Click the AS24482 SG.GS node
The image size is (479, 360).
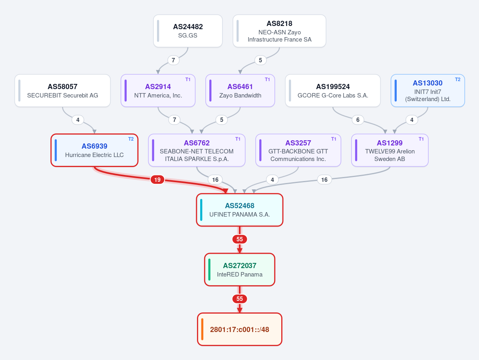[188, 31]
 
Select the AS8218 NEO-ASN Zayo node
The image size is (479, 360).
[279, 31]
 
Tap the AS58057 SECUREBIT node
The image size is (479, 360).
[62, 91]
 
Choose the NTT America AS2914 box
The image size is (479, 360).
[158, 91]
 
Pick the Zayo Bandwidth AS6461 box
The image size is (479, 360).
[240, 91]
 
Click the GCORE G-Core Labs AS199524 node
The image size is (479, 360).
[333, 91]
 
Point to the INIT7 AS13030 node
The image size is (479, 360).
[428, 91]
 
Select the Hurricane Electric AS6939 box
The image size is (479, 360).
[94, 150]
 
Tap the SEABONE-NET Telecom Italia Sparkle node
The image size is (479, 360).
[197, 150]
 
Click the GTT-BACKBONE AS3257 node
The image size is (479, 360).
[298, 150]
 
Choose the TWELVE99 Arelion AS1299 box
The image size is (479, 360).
[390, 150]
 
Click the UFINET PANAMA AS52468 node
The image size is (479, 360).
[240, 210]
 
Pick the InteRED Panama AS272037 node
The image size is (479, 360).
[240, 270]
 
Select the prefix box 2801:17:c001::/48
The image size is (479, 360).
[240, 330]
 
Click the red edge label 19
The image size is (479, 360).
[157, 180]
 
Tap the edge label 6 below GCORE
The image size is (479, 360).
[358, 120]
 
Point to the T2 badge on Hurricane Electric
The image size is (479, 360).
[131, 139]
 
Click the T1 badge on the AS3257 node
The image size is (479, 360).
[334, 139]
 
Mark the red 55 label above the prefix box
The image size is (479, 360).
[240, 299]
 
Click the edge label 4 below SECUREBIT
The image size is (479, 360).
[78, 120]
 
